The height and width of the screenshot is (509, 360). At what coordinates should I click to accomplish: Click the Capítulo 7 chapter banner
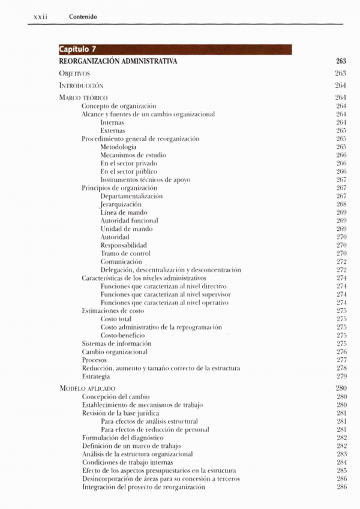pyautogui.click(x=175, y=50)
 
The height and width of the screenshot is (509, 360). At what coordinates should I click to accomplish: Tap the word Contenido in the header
pyautogui.click(x=83, y=16)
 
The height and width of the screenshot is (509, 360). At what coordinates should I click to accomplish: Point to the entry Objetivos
pyautogui.click(x=74, y=73)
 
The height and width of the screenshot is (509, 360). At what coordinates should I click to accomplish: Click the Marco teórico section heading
pyautogui.click(x=83, y=97)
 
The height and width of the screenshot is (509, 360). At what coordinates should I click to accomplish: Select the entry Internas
pyautogui.click(x=113, y=122)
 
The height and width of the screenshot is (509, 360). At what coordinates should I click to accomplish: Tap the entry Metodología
pyautogui.click(x=118, y=147)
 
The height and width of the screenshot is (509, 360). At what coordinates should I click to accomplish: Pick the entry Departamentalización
pyautogui.click(x=131, y=196)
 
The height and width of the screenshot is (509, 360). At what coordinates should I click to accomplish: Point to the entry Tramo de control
pyautogui.click(x=125, y=254)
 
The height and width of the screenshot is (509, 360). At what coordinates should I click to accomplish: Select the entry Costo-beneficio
pyautogui.click(x=122, y=336)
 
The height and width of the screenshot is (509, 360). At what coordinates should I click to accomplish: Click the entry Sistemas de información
pyautogui.click(x=116, y=344)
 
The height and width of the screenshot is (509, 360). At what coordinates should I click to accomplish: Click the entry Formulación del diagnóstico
pyautogui.click(x=122, y=438)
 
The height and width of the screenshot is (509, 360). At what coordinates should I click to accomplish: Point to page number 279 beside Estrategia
pyautogui.click(x=342, y=377)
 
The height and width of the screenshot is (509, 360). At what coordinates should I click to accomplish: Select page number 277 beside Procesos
pyautogui.click(x=342, y=360)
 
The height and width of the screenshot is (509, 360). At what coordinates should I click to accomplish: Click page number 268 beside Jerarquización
pyautogui.click(x=342, y=204)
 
